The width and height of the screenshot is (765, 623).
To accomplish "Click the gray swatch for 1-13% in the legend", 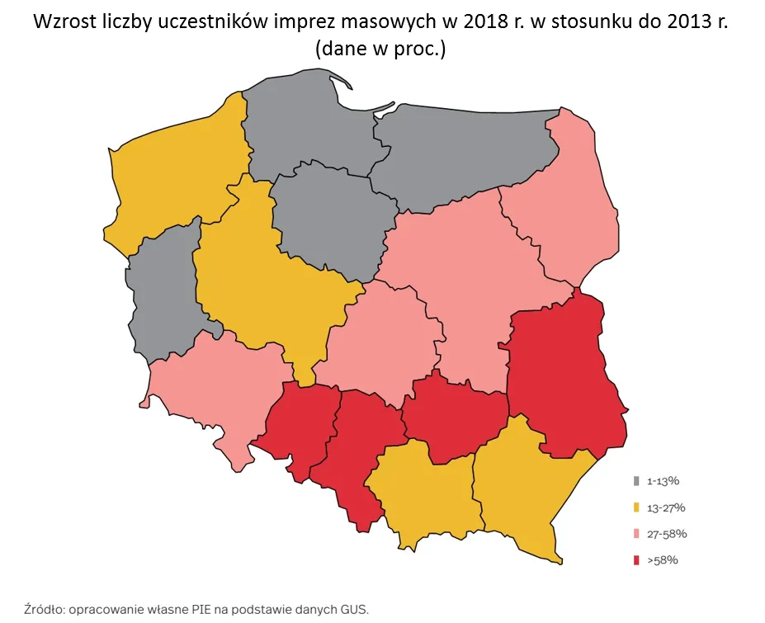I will pos(635,480).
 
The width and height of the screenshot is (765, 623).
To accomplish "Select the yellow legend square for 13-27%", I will pos(635,507).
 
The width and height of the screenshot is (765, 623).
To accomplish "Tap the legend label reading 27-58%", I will pos(667,534).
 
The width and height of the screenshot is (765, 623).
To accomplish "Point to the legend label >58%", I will pos(662,560).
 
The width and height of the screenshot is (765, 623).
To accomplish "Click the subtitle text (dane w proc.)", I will pos(380,49).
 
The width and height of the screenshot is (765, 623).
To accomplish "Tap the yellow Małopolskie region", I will pos(421,495).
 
